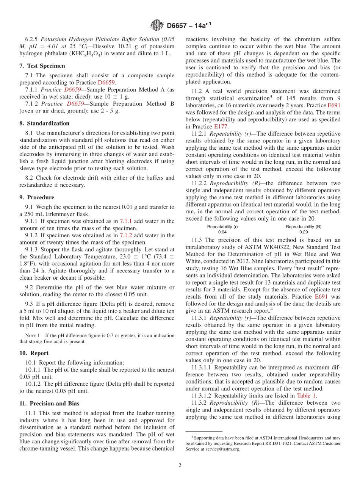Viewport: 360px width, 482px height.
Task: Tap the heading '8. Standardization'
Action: point(44,123)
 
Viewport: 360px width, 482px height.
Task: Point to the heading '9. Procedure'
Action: point(37,197)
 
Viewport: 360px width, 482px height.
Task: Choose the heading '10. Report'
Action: point(34,353)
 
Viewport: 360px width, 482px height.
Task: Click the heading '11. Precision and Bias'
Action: point(49,404)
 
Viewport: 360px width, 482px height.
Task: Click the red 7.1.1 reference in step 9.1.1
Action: point(126,221)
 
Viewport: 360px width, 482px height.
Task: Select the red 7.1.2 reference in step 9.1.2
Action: point(126,235)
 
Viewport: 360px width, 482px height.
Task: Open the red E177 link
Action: point(221,127)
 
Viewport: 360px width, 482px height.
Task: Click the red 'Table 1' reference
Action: point(306,396)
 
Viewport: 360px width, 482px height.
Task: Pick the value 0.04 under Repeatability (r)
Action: point(222,232)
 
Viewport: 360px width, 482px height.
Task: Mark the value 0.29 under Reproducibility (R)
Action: point(304,232)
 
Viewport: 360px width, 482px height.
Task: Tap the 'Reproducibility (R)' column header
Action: point(304,227)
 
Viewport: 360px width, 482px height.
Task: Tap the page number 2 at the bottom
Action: point(180,465)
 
